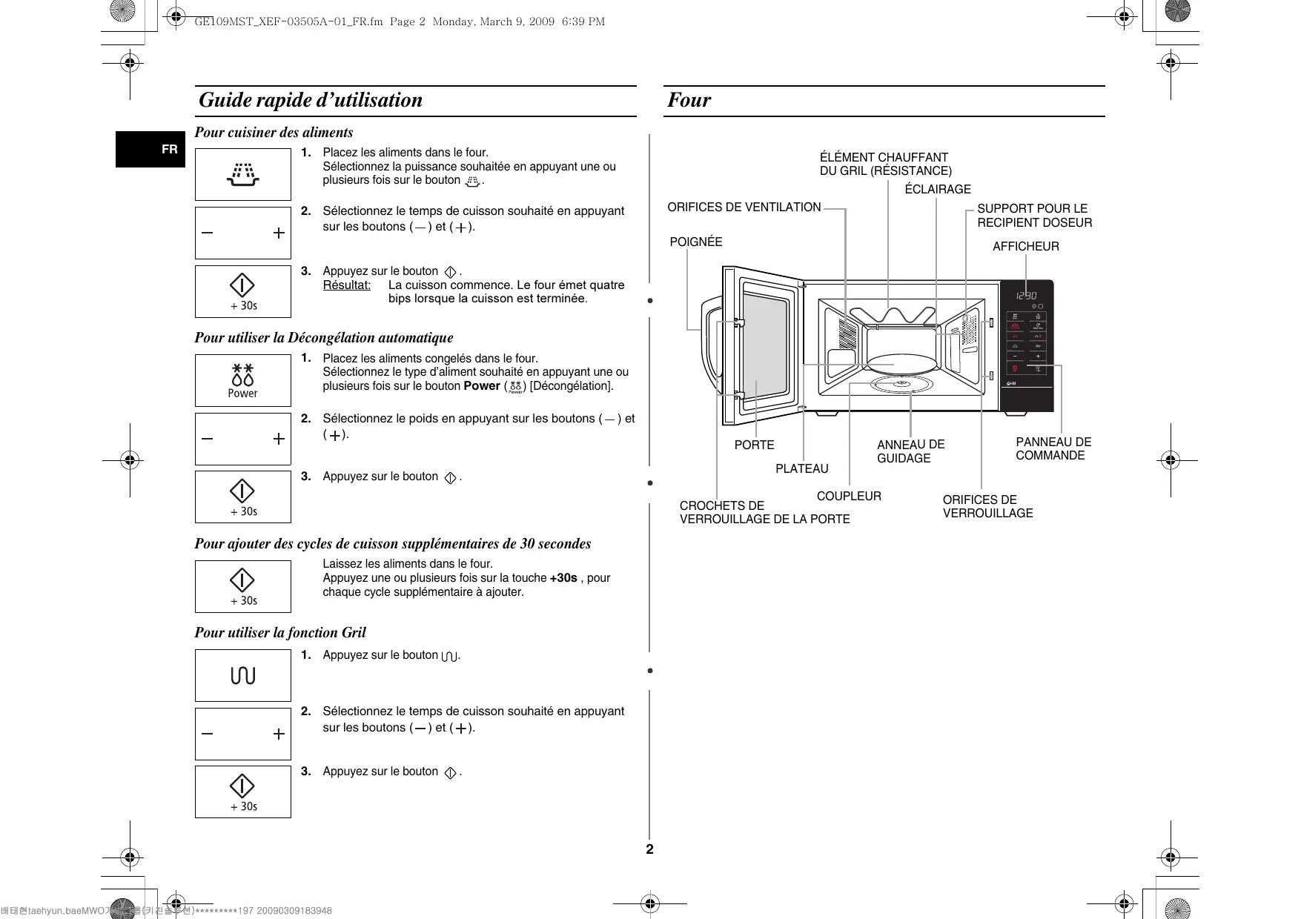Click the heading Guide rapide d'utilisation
coord(311,100)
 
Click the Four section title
coord(689,100)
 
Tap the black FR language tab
coord(150,149)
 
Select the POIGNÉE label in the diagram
coord(695,242)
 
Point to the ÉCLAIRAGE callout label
coord(937,189)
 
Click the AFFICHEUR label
coord(1025,246)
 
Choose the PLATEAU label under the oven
coord(801,468)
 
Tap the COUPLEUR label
coord(849,496)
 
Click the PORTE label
coord(754,445)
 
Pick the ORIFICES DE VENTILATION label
coord(744,208)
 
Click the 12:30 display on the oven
coord(1026,295)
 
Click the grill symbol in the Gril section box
coord(243,675)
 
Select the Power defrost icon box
coord(243,380)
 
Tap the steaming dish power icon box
coord(243,174)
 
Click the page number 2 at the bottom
coord(649,849)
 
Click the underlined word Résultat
coord(346,285)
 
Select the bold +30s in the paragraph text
coord(563,578)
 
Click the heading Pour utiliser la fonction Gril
coord(280,632)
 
